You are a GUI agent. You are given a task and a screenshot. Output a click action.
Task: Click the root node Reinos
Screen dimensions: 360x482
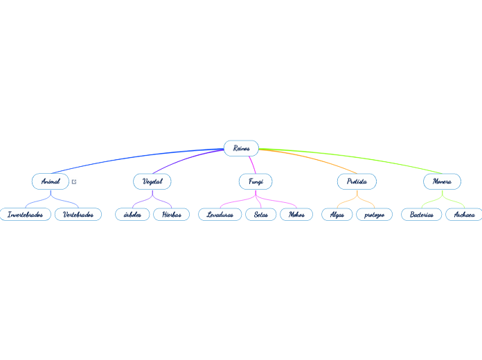pyautogui.click(x=241, y=148)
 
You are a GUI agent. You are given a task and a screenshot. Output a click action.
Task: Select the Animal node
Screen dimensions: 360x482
pyautogui.click(x=51, y=181)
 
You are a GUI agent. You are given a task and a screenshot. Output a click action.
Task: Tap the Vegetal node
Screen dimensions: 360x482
pyautogui.click(x=152, y=181)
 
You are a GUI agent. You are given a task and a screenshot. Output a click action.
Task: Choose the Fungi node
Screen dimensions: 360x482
pyautogui.click(x=256, y=181)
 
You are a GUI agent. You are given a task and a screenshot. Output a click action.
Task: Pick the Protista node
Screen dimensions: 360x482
pyautogui.click(x=357, y=181)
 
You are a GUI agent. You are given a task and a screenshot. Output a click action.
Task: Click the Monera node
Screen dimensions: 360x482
pyautogui.click(x=442, y=181)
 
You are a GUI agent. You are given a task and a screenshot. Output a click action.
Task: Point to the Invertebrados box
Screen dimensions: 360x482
pyautogui.click(x=25, y=215)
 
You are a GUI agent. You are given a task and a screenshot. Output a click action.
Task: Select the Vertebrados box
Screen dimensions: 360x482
pyautogui.click(x=78, y=215)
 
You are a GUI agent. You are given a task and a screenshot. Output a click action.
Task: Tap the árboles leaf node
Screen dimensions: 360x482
pyautogui.click(x=132, y=215)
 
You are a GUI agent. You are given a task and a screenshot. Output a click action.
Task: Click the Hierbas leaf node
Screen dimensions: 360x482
pyautogui.click(x=171, y=215)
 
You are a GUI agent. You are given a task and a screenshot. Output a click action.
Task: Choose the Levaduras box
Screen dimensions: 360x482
pyautogui.click(x=220, y=215)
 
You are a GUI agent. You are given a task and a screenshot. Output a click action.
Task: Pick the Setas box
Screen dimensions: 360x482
pyautogui.click(x=261, y=215)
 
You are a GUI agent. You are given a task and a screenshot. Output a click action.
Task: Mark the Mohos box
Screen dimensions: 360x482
pyautogui.click(x=296, y=215)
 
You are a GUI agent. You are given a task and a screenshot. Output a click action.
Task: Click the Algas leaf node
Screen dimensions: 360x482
pyautogui.click(x=337, y=215)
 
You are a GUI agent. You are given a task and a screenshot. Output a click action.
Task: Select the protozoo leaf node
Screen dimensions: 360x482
pyautogui.click(x=374, y=215)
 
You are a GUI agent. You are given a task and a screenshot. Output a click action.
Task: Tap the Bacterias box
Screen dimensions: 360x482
pyautogui.click(x=422, y=215)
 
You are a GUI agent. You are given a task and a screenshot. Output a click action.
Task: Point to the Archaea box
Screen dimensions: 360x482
pyautogui.click(x=464, y=215)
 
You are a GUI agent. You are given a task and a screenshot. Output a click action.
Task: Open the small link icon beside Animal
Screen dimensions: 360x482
pyautogui.click(x=74, y=181)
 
